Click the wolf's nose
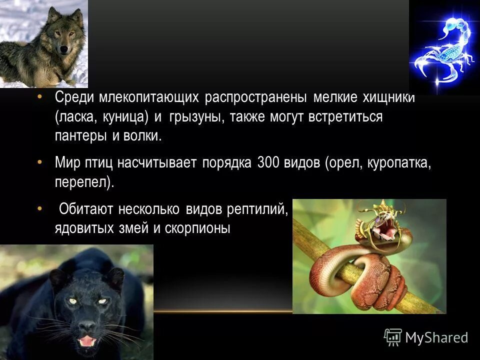[64, 49]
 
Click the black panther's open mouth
[87, 341]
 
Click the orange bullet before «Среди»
[40, 96]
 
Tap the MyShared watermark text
[436, 337]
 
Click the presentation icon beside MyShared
[392, 337]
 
